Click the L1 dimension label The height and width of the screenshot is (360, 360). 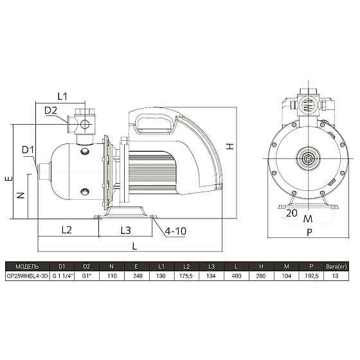(x=62, y=96)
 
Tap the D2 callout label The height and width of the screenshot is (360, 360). (x=51, y=111)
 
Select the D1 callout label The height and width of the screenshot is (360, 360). (x=28, y=150)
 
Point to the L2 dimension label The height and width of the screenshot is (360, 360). (x=67, y=230)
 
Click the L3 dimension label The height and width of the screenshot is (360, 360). (x=125, y=230)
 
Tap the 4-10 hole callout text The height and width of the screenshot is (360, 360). (x=175, y=231)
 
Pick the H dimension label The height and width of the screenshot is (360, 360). (x=230, y=147)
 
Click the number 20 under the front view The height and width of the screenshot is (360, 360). (x=292, y=213)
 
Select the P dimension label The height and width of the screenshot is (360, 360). (x=309, y=232)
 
